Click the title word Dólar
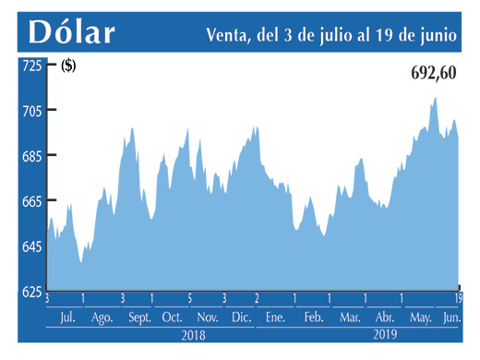point(72,32)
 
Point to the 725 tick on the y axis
point(31,66)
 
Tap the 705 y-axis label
point(31,111)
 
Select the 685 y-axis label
point(31,156)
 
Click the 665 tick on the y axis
point(31,201)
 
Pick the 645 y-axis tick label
point(31,246)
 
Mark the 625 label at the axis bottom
point(31,292)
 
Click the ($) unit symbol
point(68,66)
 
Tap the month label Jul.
point(66,318)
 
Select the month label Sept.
point(139,318)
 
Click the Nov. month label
point(208,318)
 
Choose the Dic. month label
point(242,318)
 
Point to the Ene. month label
point(275,318)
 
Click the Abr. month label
point(385,318)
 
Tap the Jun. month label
point(450,318)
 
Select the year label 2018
point(193,336)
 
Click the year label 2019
point(385,336)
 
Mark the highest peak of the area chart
point(435,98)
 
